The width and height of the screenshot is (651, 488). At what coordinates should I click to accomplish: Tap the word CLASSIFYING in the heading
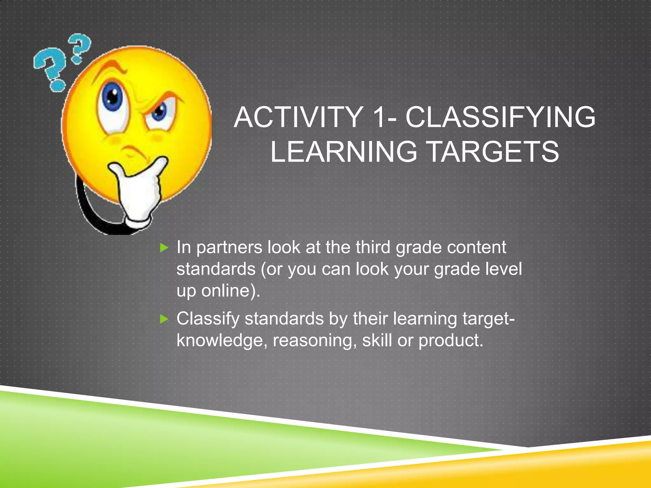click(x=500, y=118)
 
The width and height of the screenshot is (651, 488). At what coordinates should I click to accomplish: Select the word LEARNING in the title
click(x=344, y=152)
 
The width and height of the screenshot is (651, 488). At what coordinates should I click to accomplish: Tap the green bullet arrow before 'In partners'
click(x=164, y=248)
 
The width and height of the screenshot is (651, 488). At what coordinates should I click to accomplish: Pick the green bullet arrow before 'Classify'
click(x=164, y=319)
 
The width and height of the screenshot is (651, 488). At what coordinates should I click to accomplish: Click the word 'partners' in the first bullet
click(x=229, y=248)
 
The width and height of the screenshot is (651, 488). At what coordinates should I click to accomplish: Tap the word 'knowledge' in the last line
click(x=219, y=341)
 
